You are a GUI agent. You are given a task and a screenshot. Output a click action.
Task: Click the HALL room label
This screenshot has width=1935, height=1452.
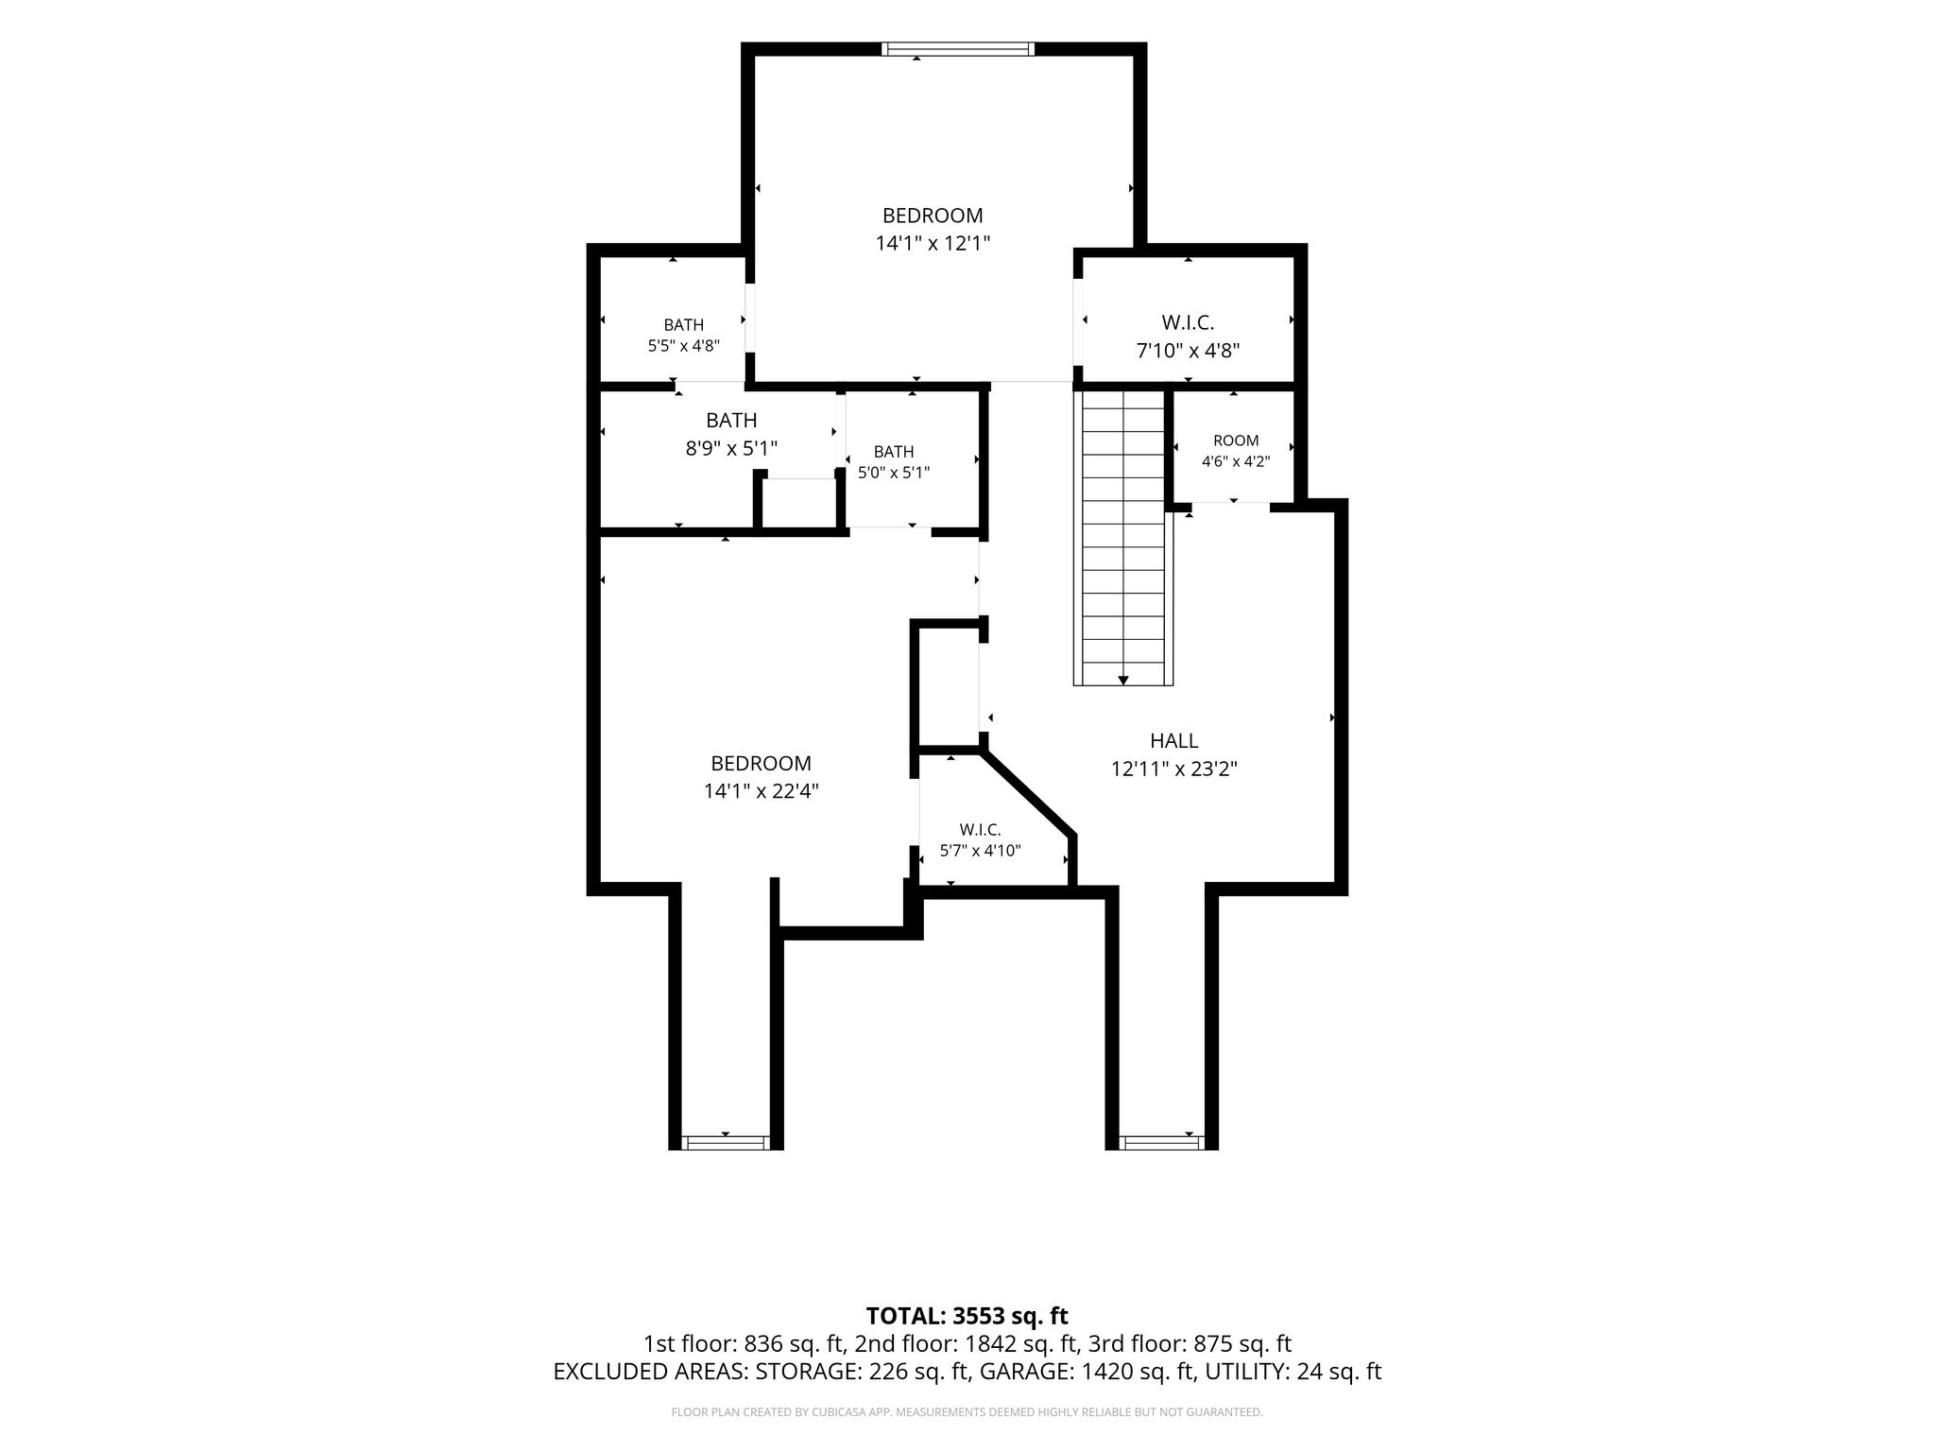[x=1173, y=740]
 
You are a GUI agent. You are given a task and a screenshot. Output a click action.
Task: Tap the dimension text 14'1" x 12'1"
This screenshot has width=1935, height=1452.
[x=933, y=243]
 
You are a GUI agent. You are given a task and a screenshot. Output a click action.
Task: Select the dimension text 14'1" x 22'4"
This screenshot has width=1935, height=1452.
[x=761, y=791]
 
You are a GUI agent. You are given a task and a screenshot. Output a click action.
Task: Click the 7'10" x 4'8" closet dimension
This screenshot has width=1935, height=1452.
[x=1188, y=351]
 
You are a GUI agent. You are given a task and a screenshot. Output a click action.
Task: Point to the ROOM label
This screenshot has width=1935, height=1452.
[x=1236, y=441]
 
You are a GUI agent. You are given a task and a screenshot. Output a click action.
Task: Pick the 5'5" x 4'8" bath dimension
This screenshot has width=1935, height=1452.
[x=684, y=346]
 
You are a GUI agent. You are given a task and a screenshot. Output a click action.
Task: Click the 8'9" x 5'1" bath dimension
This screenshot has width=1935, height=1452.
[x=731, y=448]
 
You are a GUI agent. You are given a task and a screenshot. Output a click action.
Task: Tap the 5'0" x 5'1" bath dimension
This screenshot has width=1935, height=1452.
[x=894, y=472]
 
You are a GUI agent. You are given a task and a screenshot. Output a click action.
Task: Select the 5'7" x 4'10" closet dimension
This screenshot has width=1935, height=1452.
[x=980, y=851]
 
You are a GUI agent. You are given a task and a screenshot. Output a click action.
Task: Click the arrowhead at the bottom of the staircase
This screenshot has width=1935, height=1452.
[x=1123, y=679]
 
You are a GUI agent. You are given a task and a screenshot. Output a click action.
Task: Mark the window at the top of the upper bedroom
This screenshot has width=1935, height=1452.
[x=958, y=49]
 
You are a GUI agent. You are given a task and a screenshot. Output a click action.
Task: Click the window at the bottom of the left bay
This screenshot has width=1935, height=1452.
[x=726, y=1143]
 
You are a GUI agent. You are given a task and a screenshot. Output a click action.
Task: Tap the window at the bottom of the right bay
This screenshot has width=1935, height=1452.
[x=1161, y=1143]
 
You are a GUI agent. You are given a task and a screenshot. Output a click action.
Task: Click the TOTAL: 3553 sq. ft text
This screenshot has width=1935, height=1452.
[x=967, y=1316]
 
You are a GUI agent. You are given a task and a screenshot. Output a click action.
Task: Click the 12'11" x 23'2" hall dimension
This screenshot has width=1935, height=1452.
[x=1174, y=769]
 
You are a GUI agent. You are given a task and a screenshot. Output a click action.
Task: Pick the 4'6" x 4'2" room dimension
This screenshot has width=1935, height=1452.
[x=1236, y=462]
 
